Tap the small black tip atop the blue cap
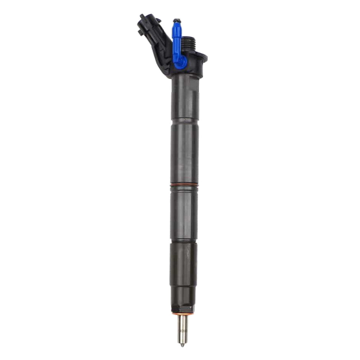(x=176, y=20)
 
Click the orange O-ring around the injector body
(x=184, y=185)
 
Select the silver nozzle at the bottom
(x=183, y=327)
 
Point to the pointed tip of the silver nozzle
(x=183, y=345)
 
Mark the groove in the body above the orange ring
(x=185, y=121)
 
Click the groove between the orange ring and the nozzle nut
(x=184, y=241)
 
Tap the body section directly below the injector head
(x=185, y=98)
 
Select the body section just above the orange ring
(x=185, y=153)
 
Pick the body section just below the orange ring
(x=184, y=213)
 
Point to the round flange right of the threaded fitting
(x=201, y=58)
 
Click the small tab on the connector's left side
(x=141, y=33)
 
